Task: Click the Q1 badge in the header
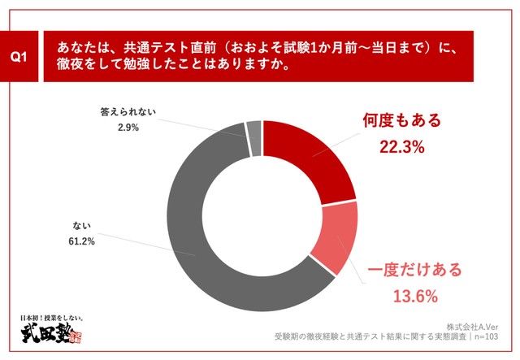(19, 56)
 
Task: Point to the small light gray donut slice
(253, 136)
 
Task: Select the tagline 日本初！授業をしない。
(51, 317)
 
